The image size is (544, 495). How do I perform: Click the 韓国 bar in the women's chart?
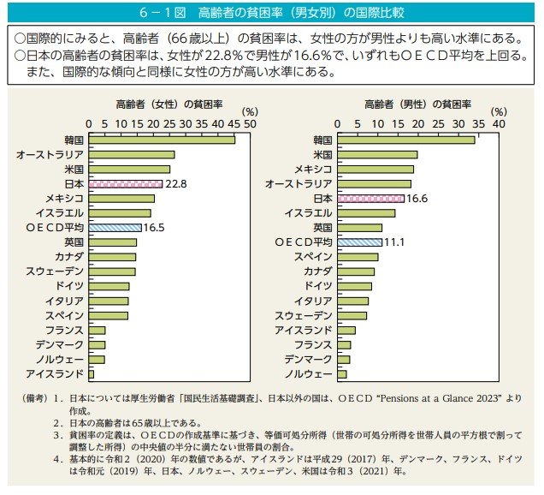pos(161,139)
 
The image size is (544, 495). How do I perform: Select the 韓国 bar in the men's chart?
pos(405,140)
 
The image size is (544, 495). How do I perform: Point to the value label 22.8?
pos(176,183)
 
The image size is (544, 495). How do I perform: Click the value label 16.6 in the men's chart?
pos(417,198)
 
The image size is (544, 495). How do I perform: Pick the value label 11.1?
pos(394,242)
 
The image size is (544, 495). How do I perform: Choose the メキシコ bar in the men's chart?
pos(375,169)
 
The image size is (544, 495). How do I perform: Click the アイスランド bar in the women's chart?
pos(91,374)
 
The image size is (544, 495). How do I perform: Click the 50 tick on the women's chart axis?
pos(251,123)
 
